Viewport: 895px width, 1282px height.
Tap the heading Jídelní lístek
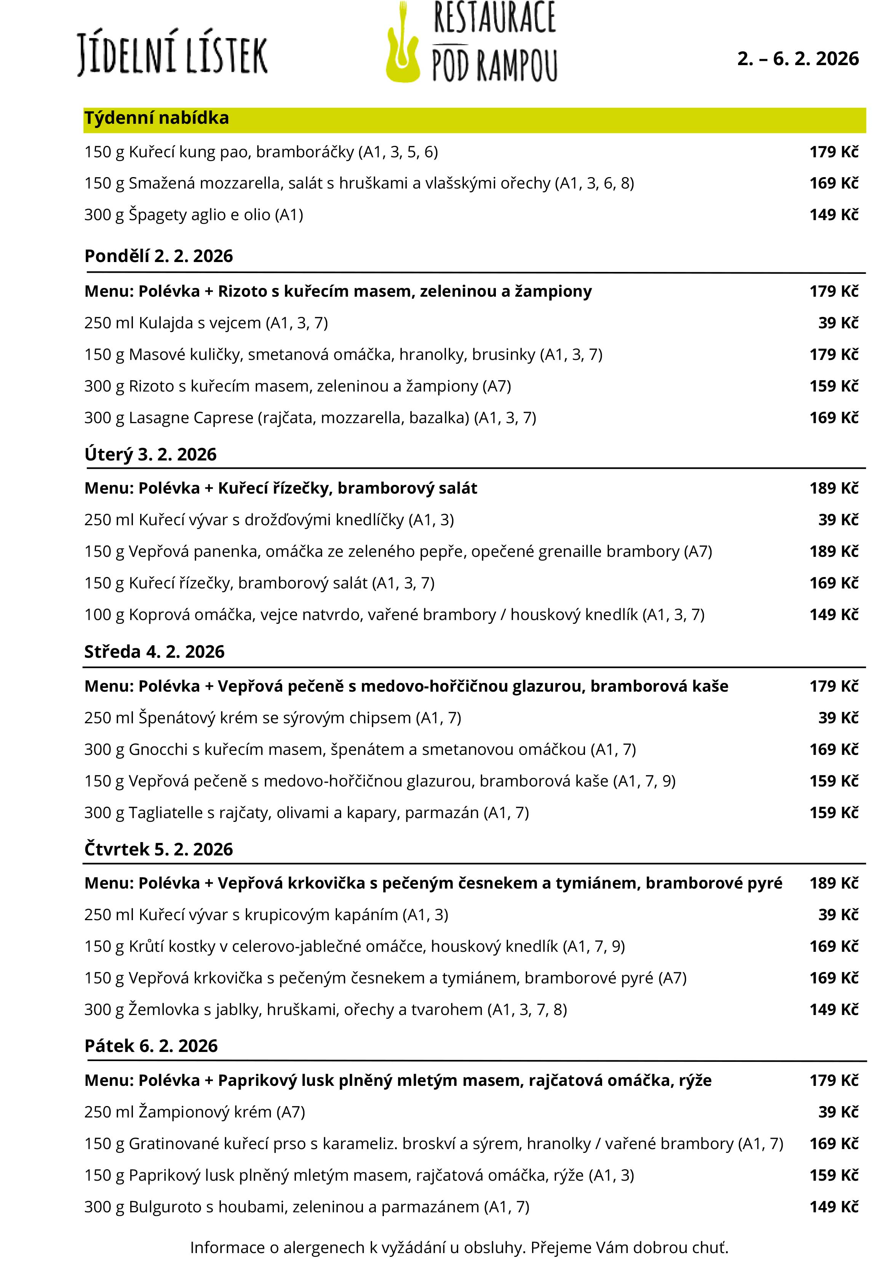172,54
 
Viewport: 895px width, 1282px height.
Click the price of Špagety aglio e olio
834,215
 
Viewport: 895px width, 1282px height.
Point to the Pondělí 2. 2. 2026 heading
158,256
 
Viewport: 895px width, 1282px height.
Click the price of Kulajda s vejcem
837,323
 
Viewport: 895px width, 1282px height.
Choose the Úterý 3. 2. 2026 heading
150,454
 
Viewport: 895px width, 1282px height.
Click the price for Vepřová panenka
834,551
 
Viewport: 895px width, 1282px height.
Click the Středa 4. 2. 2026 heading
154,652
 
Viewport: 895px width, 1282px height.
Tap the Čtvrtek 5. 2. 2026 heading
158,849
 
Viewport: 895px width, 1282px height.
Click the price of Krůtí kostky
834,946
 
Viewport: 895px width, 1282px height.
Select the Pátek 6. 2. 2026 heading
151,1046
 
